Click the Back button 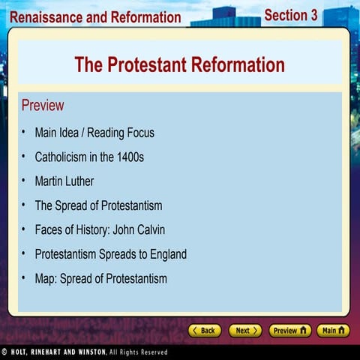[205, 330]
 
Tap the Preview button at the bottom [289, 330]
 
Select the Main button [332, 330]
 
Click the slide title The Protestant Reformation [179, 65]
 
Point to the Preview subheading [43, 105]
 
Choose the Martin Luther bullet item [64, 181]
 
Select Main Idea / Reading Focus [94, 133]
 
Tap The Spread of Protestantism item [98, 205]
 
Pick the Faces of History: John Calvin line [100, 229]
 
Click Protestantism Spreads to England [110, 254]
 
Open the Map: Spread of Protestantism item [100, 279]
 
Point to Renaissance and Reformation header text [95, 16]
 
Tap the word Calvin [148, 229]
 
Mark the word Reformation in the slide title [232, 65]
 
